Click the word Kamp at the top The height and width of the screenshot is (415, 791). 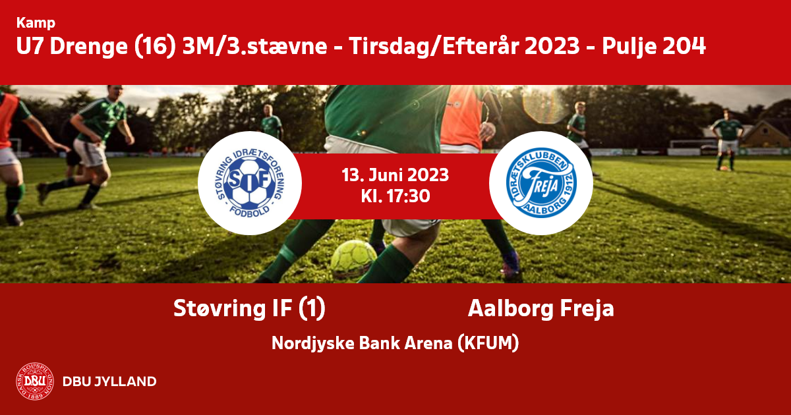(x=36, y=23)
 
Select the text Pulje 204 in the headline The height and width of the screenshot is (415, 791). (x=654, y=47)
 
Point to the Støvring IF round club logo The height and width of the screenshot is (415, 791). (x=250, y=183)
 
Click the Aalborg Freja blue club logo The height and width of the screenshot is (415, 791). (x=541, y=183)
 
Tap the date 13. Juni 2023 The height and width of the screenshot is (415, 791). (x=395, y=175)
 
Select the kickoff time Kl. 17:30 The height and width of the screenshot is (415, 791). (x=395, y=196)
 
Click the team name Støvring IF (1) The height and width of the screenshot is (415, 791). (x=249, y=309)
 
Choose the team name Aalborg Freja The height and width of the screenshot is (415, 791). (x=541, y=309)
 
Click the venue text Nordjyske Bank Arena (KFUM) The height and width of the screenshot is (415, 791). (x=395, y=343)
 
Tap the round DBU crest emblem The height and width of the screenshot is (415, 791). (x=35, y=381)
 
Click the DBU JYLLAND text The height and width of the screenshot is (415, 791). (x=109, y=381)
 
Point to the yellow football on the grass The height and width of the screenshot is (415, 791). (x=353, y=258)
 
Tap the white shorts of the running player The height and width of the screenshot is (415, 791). (x=90, y=152)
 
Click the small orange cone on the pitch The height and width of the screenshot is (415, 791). (x=724, y=169)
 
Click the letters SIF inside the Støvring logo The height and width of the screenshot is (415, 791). (x=249, y=180)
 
